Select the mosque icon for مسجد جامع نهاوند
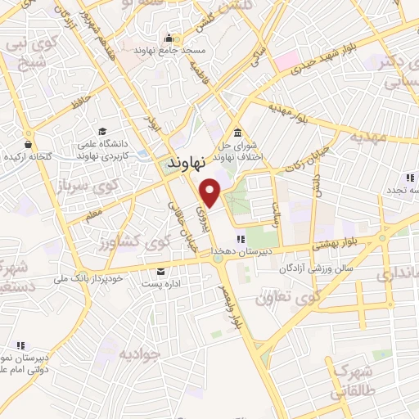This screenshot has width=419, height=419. point(169,37)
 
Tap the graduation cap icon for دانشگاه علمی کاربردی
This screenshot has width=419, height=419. point(102,132)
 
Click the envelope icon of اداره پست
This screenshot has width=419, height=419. point(160,271)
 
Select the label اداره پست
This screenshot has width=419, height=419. point(160,283)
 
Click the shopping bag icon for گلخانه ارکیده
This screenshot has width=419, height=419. point(29,144)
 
